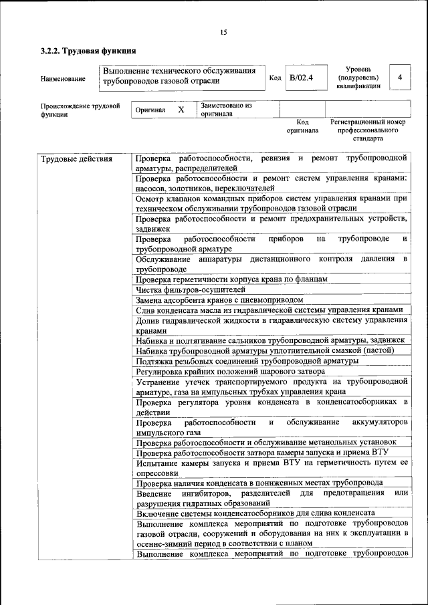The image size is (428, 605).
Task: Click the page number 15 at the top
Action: (223, 32)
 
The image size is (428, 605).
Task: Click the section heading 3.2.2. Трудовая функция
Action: (88, 51)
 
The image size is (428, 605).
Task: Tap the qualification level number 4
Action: (399, 78)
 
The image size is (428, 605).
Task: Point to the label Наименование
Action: (63, 79)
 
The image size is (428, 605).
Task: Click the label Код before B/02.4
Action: (274, 78)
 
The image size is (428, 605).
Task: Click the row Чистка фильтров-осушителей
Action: (191, 289)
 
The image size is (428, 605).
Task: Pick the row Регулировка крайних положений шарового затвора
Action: (230, 370)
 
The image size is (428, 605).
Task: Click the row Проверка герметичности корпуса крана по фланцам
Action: (231, 279)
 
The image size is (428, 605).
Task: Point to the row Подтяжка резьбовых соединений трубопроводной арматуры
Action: (247, 360)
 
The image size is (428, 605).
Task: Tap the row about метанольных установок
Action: (266, 442)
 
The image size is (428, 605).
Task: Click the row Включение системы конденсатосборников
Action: (245, 513)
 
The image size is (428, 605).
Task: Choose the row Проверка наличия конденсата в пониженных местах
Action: (259, 482)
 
